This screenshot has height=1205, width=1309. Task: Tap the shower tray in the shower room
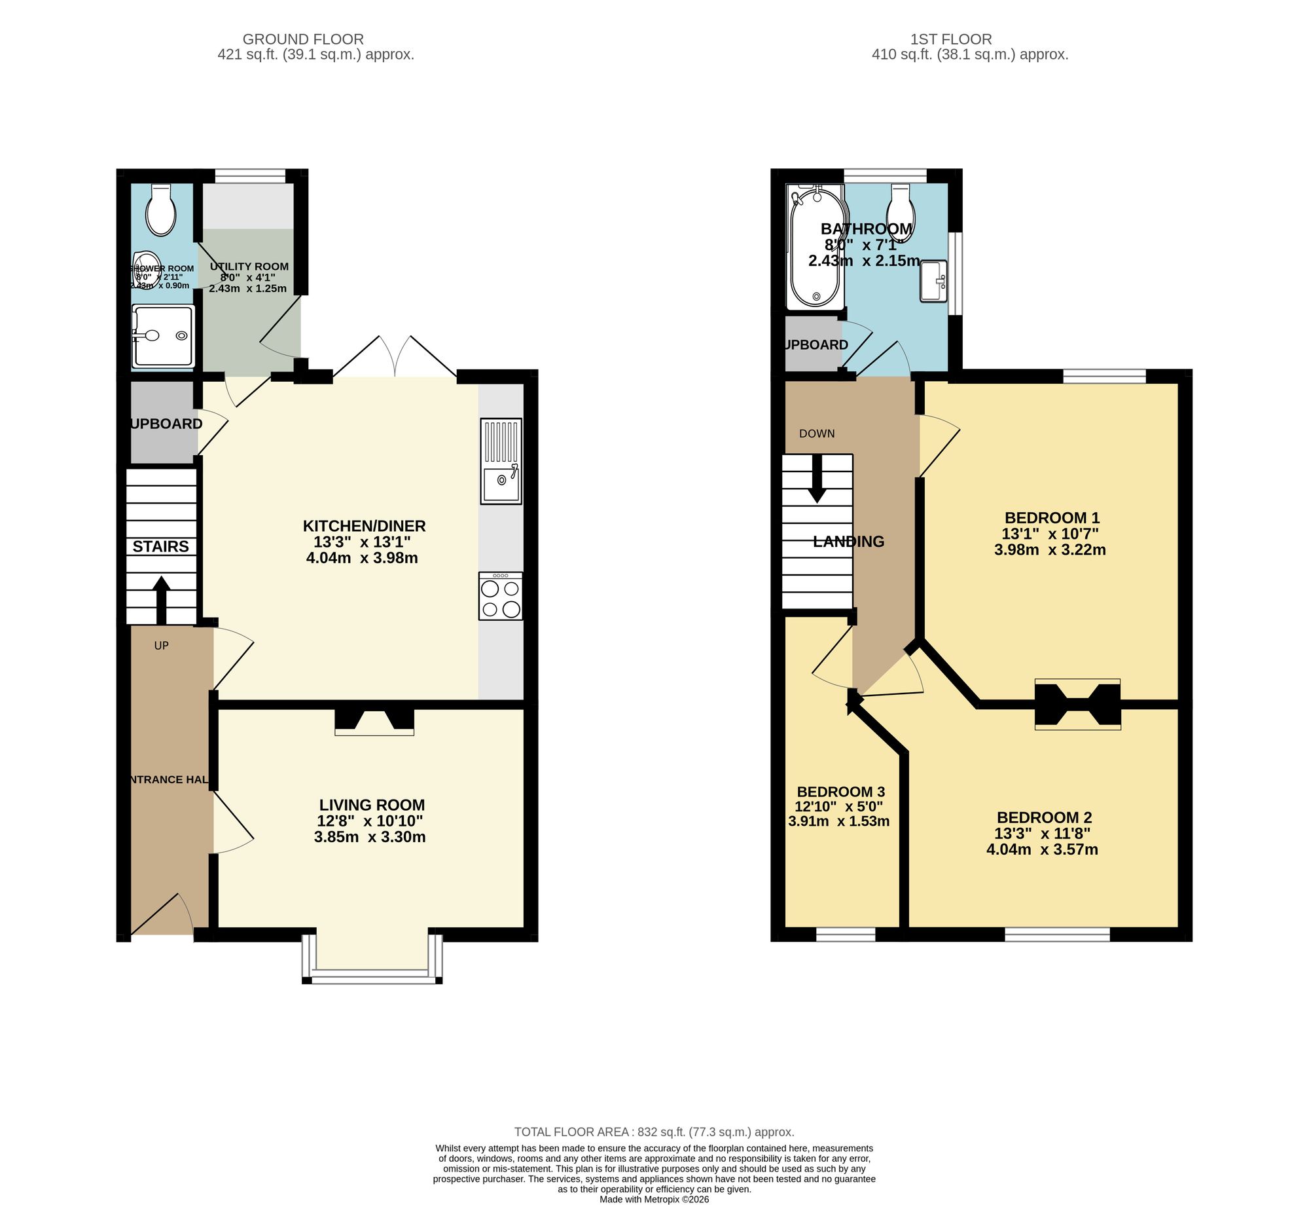coord(164,336)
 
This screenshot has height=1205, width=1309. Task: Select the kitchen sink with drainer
coord(501,461)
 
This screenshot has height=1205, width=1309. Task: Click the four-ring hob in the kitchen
coord(501,596)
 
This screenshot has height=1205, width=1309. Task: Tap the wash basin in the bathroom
coord(934,282)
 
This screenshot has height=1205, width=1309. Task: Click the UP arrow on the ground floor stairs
coord(161,600)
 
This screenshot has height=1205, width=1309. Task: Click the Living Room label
coord(372,805)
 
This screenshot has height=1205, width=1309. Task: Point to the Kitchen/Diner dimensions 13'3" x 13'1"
coord(361,542)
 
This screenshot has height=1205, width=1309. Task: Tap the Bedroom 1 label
coord(1052,517)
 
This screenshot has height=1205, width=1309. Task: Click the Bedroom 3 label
coord(840,792)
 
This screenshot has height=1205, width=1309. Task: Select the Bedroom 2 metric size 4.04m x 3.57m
coord(1042,850)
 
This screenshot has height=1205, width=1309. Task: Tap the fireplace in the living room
coord(374,720)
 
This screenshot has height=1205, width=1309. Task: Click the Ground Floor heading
coord(303,39)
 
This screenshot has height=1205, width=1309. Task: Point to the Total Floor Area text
coord(654,1132)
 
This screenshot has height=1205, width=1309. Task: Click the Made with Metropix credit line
coord(654,1199)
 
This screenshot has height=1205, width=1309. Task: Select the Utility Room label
coord(249,267)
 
